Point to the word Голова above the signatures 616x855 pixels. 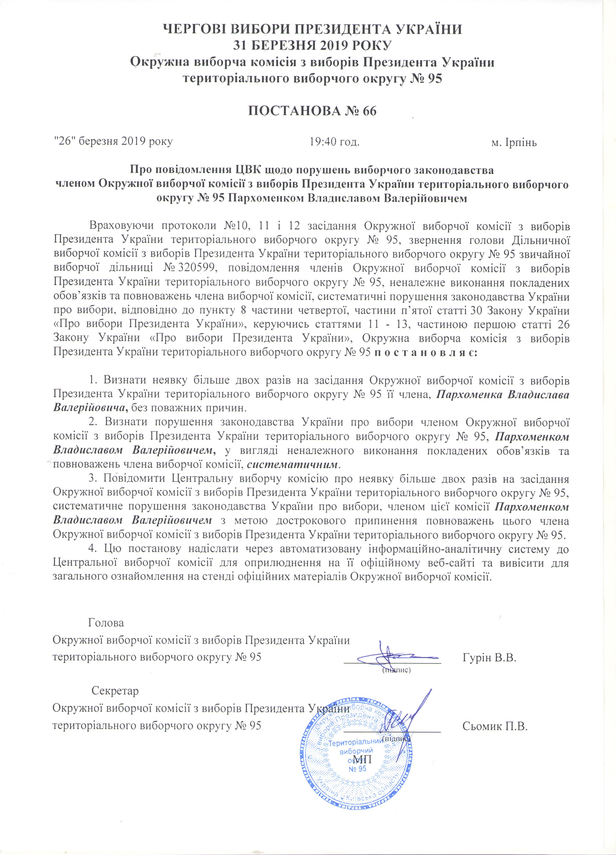tap(106, 622)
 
